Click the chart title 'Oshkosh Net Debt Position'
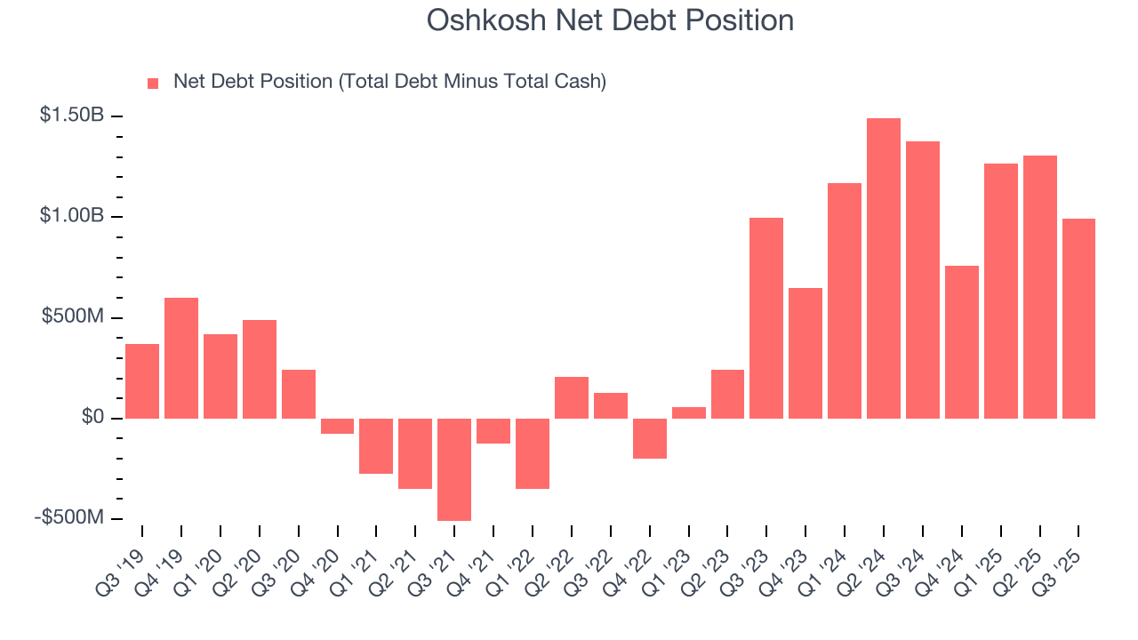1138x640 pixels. click(609, 20)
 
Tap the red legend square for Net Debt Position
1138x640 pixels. click(153, 83)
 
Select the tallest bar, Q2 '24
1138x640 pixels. click(884, 268)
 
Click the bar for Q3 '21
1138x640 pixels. click(454, 468)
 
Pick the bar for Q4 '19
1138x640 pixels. click(181, 357)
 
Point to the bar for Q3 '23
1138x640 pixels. click(766, 317)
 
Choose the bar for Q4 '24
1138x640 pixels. click(961, 341)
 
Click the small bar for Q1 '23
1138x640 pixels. click(689, 412)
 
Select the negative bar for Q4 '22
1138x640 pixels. click(650, 438)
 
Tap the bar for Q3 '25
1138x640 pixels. click(1078, 318)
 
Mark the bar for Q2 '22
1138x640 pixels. click(572, 397)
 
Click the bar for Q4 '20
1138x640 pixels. click(338, 426)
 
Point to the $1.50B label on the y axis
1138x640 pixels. click(72, 116)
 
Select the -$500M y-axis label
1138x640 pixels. click(69, 517)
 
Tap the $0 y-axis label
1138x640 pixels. click(92, 418)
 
